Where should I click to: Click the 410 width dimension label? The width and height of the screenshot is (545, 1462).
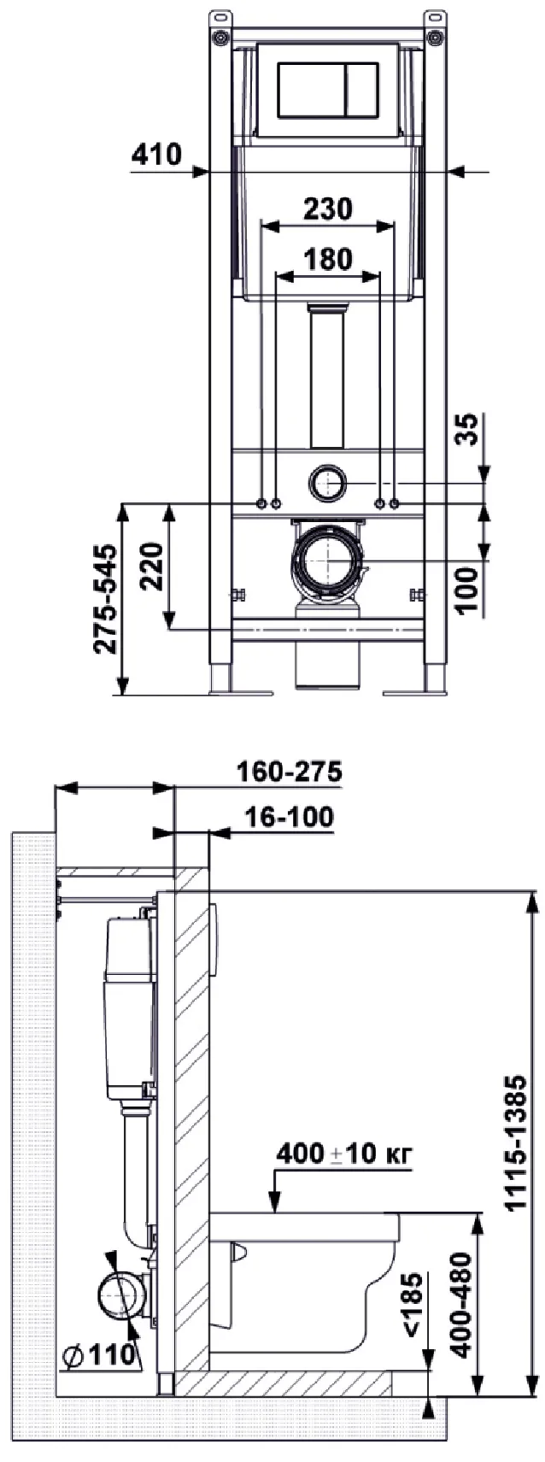tap(156, 155)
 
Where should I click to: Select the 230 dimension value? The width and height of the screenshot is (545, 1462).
tap(327, 208)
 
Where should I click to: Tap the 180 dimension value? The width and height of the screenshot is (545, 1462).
tap(327, 259)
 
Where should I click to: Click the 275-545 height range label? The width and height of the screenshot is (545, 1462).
tap(106, 598)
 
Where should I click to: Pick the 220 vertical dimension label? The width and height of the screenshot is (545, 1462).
tap(152, 566)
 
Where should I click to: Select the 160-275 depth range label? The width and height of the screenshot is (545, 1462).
tap(289, 772)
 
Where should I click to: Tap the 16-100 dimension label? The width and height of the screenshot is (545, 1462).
tap(289, 816)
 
